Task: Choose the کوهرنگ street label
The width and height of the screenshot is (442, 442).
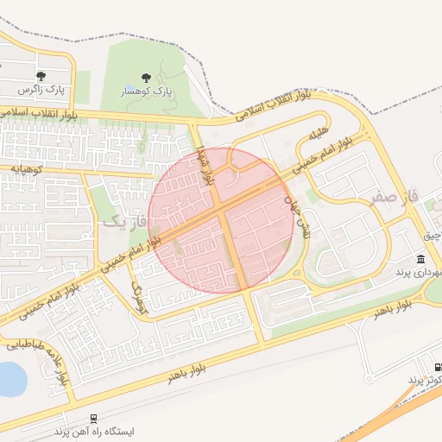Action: [x=141, y=294]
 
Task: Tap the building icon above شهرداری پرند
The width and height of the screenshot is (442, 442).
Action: [x=420, y=259]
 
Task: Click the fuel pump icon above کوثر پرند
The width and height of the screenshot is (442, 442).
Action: [x=439, y=366]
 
